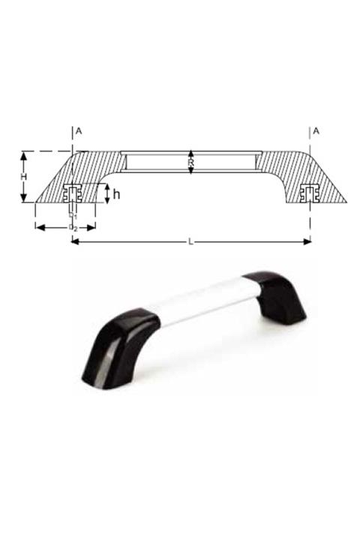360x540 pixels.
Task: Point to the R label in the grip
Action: point(191,161)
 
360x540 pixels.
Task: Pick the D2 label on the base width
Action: point(72,226)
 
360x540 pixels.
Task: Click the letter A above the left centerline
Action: point(79,131)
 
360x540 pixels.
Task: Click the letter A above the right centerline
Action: point(316,131)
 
